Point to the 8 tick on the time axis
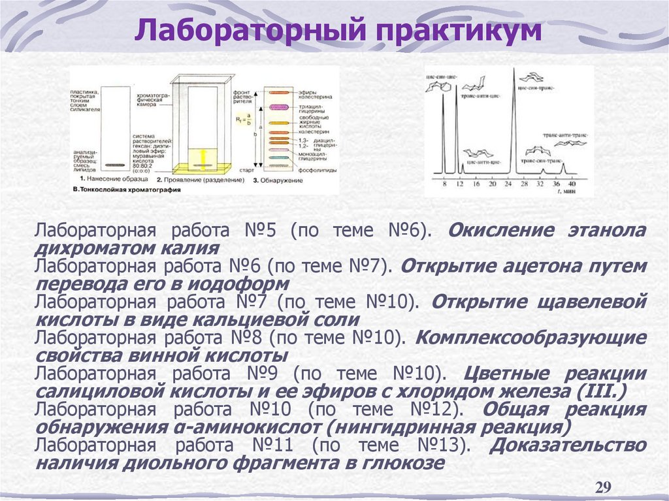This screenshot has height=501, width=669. [x=444, y=185]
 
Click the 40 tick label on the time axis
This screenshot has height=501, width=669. [x=572, y=185]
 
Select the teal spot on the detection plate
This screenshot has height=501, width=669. [x=279, y=158]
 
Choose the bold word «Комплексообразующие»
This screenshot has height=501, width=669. [x=530, y=338]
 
